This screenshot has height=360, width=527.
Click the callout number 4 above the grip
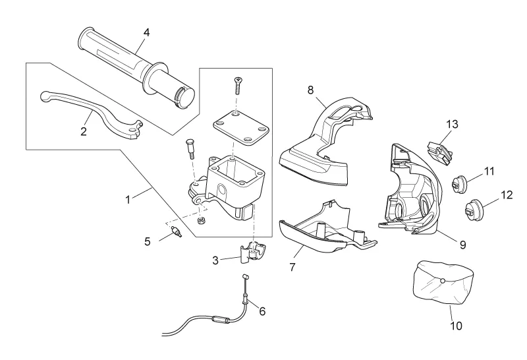tap(146, 32)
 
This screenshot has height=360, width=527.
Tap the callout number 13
tap(452, 124)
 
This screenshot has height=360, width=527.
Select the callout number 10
tap(456, 326)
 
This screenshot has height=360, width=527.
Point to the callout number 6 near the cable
tap(262, 312)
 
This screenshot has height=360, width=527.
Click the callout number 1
tap(128, 200)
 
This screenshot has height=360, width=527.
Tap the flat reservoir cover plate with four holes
tap(241, 128)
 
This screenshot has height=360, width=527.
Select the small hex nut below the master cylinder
tap(202, 221)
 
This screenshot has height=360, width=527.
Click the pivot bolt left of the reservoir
tap(190, 149)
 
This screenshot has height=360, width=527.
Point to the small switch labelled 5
tap(176, 231)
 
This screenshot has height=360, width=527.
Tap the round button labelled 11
tap(458, 185)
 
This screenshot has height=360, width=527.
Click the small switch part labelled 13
tap(440, 153)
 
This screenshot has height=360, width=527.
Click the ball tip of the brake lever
tap(45, 96)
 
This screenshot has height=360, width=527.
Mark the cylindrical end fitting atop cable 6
tap(245, 277)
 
